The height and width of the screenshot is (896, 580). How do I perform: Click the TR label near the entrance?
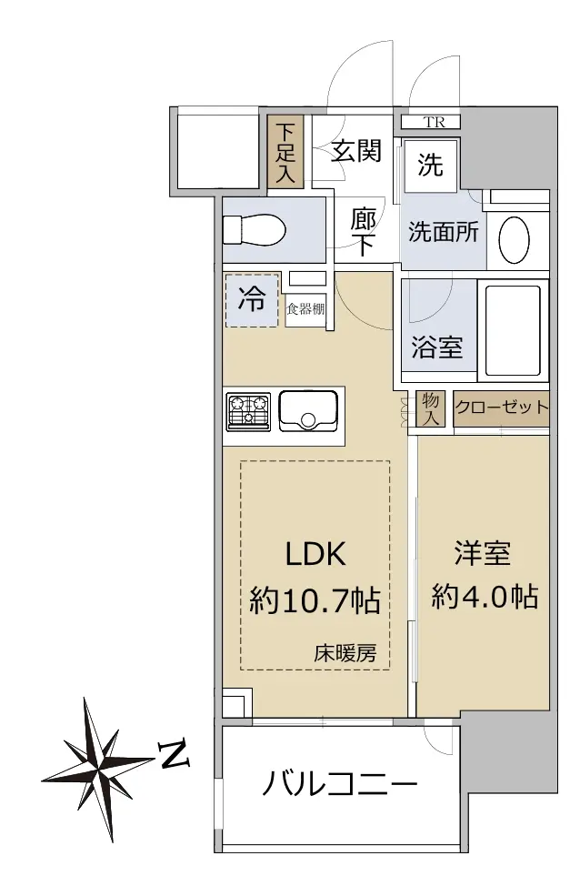coord(434,122)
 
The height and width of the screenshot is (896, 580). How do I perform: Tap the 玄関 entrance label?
coord(356,151)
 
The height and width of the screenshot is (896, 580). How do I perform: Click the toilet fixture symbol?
coord(254,231)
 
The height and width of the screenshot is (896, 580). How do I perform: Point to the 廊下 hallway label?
coord(363,232)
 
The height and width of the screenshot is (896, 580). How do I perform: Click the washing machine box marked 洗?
coord(430,166)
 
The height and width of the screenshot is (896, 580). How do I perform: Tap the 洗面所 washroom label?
coord(443,232)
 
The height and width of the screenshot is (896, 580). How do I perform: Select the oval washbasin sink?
coord(514,240)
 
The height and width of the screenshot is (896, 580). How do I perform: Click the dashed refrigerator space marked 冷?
coord(252,300)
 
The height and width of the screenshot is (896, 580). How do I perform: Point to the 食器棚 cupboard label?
coord(305,309)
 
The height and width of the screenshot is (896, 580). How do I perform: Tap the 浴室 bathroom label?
coord(436,347)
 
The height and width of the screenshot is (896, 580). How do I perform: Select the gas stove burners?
coord(248,411)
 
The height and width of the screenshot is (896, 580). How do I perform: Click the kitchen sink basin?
coord(307,411)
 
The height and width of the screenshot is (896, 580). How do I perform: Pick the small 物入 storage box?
coord(430,408)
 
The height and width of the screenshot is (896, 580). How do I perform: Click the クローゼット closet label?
coord(501,408)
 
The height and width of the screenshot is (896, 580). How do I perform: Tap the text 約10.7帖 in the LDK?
coord(315,600)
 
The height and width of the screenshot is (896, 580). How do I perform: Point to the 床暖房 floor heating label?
coord(345,653)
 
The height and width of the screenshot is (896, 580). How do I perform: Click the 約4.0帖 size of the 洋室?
coord(485,597)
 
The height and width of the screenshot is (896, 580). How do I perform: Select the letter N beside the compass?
coord(175,756)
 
